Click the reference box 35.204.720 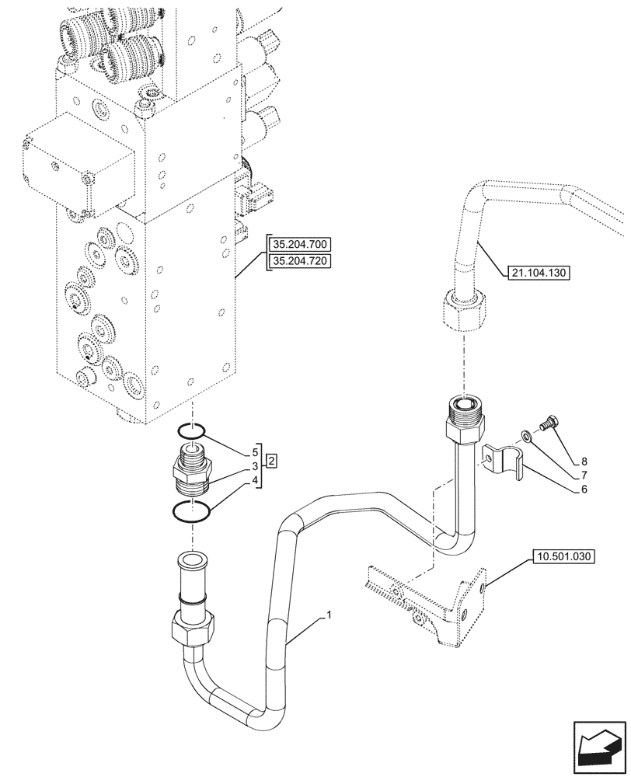point(299,260)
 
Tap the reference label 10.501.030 point(563,556)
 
